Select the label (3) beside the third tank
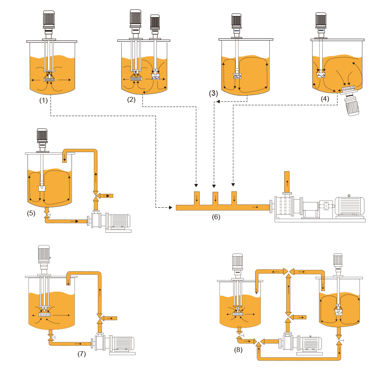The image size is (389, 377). [213, 93]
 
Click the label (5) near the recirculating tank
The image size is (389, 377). [31, 213]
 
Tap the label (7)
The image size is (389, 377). [81, 354]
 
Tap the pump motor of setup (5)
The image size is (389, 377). [118, 221]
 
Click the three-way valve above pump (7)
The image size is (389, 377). [99, 317]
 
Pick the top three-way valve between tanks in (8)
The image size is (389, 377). [288, 271]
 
